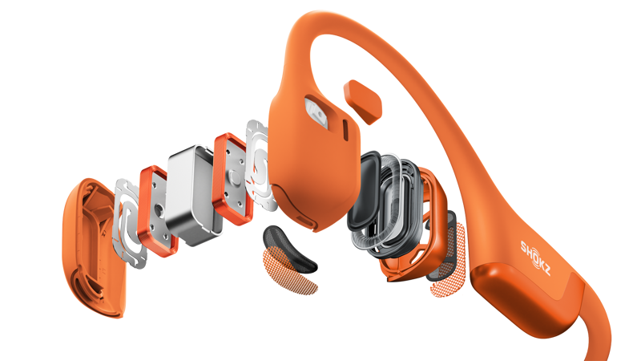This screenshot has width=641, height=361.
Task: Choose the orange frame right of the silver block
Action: pos(231,176)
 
